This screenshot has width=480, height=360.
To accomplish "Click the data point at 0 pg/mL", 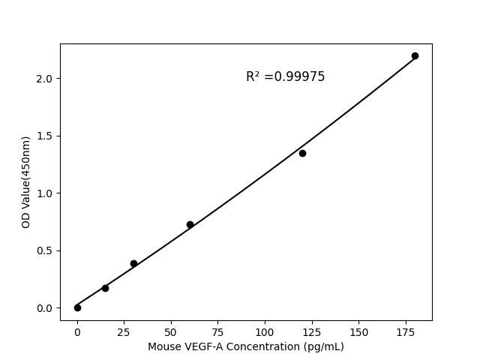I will pyautogui.click(x=77, y=307).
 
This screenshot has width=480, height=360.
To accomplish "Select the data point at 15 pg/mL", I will pyautogui.click(x=105, y=288).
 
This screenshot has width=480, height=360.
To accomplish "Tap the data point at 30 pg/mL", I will pyautogui.click(x=133, y=263).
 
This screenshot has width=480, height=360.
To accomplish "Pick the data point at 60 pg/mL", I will pyautogui.click(x=190, y=224).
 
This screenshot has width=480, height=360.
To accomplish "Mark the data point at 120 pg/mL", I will pyautogui.click(x=302, y=153).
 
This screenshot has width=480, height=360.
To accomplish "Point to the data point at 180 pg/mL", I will pyautogui.click(x=415, y=55).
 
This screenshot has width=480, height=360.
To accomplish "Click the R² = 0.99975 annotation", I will pyautogui.click(x=285, y=76).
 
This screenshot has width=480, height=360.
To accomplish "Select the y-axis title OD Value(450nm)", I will pyautogui.click(x=25, y=182).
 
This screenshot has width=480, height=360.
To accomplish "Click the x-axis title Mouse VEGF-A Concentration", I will pyautogui.click(x=245, y=346).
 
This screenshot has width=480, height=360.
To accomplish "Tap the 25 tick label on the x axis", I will pyautogui.click(x=124, y=331).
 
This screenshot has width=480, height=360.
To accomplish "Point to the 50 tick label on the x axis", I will pyautogui.click(x=171, y=331).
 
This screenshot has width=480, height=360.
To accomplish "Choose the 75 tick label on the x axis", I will pyautogui.click(x=217, y=331).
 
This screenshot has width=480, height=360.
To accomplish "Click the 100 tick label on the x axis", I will pyautogui.click(x=265, y=331).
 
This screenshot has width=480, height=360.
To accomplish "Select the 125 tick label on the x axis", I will pyautogui.click(x=311, y=331).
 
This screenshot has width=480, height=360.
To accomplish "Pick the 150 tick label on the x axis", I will pyautogui.click(x=358, y=331).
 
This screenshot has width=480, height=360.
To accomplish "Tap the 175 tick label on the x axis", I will pyautogui.click(x=405, y=331).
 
